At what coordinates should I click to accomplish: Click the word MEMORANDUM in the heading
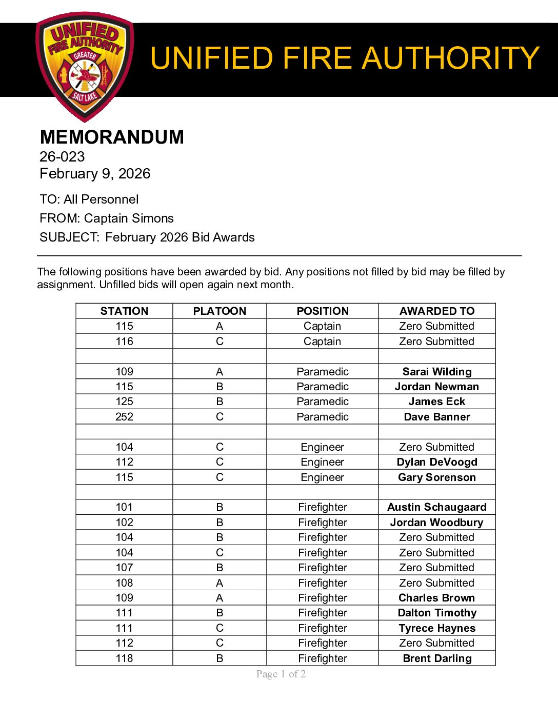pyautogui.click(x=112, y=137)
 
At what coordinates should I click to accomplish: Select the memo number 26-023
pyautogui.click(x=62, y=156)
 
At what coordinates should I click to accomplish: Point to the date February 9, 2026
pyautogui.click(x=95, y=173)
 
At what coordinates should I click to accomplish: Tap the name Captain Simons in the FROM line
pyautogui.click(x=129, y=218)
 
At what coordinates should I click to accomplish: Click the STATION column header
pyautogui.click(x=124, y=311)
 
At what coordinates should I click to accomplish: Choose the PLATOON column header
pyautogui.click(x=220, y=311)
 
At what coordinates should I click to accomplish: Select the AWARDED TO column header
pyautogui.click(x=437, y=311)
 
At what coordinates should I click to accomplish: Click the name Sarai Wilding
pyautogui.click(x=437, y=371)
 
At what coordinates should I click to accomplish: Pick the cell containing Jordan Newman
pyautogui.click(x=437, y=386)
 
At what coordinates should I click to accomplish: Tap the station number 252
pyautogui.click(x=124, y=416)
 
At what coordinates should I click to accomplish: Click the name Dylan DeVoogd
pyautogui.click(x=437, y=462)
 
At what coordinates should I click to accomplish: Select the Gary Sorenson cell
pyautogui.click(x=437, y=477)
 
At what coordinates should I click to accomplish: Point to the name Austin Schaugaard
pyautogui.click(x=437, y=507)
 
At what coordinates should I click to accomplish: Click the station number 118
pyautogui.click(x=124, y=658)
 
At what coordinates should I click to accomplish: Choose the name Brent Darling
pyautogui.click(x=437, y=658)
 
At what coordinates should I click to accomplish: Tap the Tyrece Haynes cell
pyautogui.click(x=437, y=628)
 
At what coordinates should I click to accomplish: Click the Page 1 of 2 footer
pyautogui.click(x=281, y=674)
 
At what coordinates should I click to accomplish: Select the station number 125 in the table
pyautogui.click(x=124, y=401)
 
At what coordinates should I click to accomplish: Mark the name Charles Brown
pyautogui.click(x=437, y=597)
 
